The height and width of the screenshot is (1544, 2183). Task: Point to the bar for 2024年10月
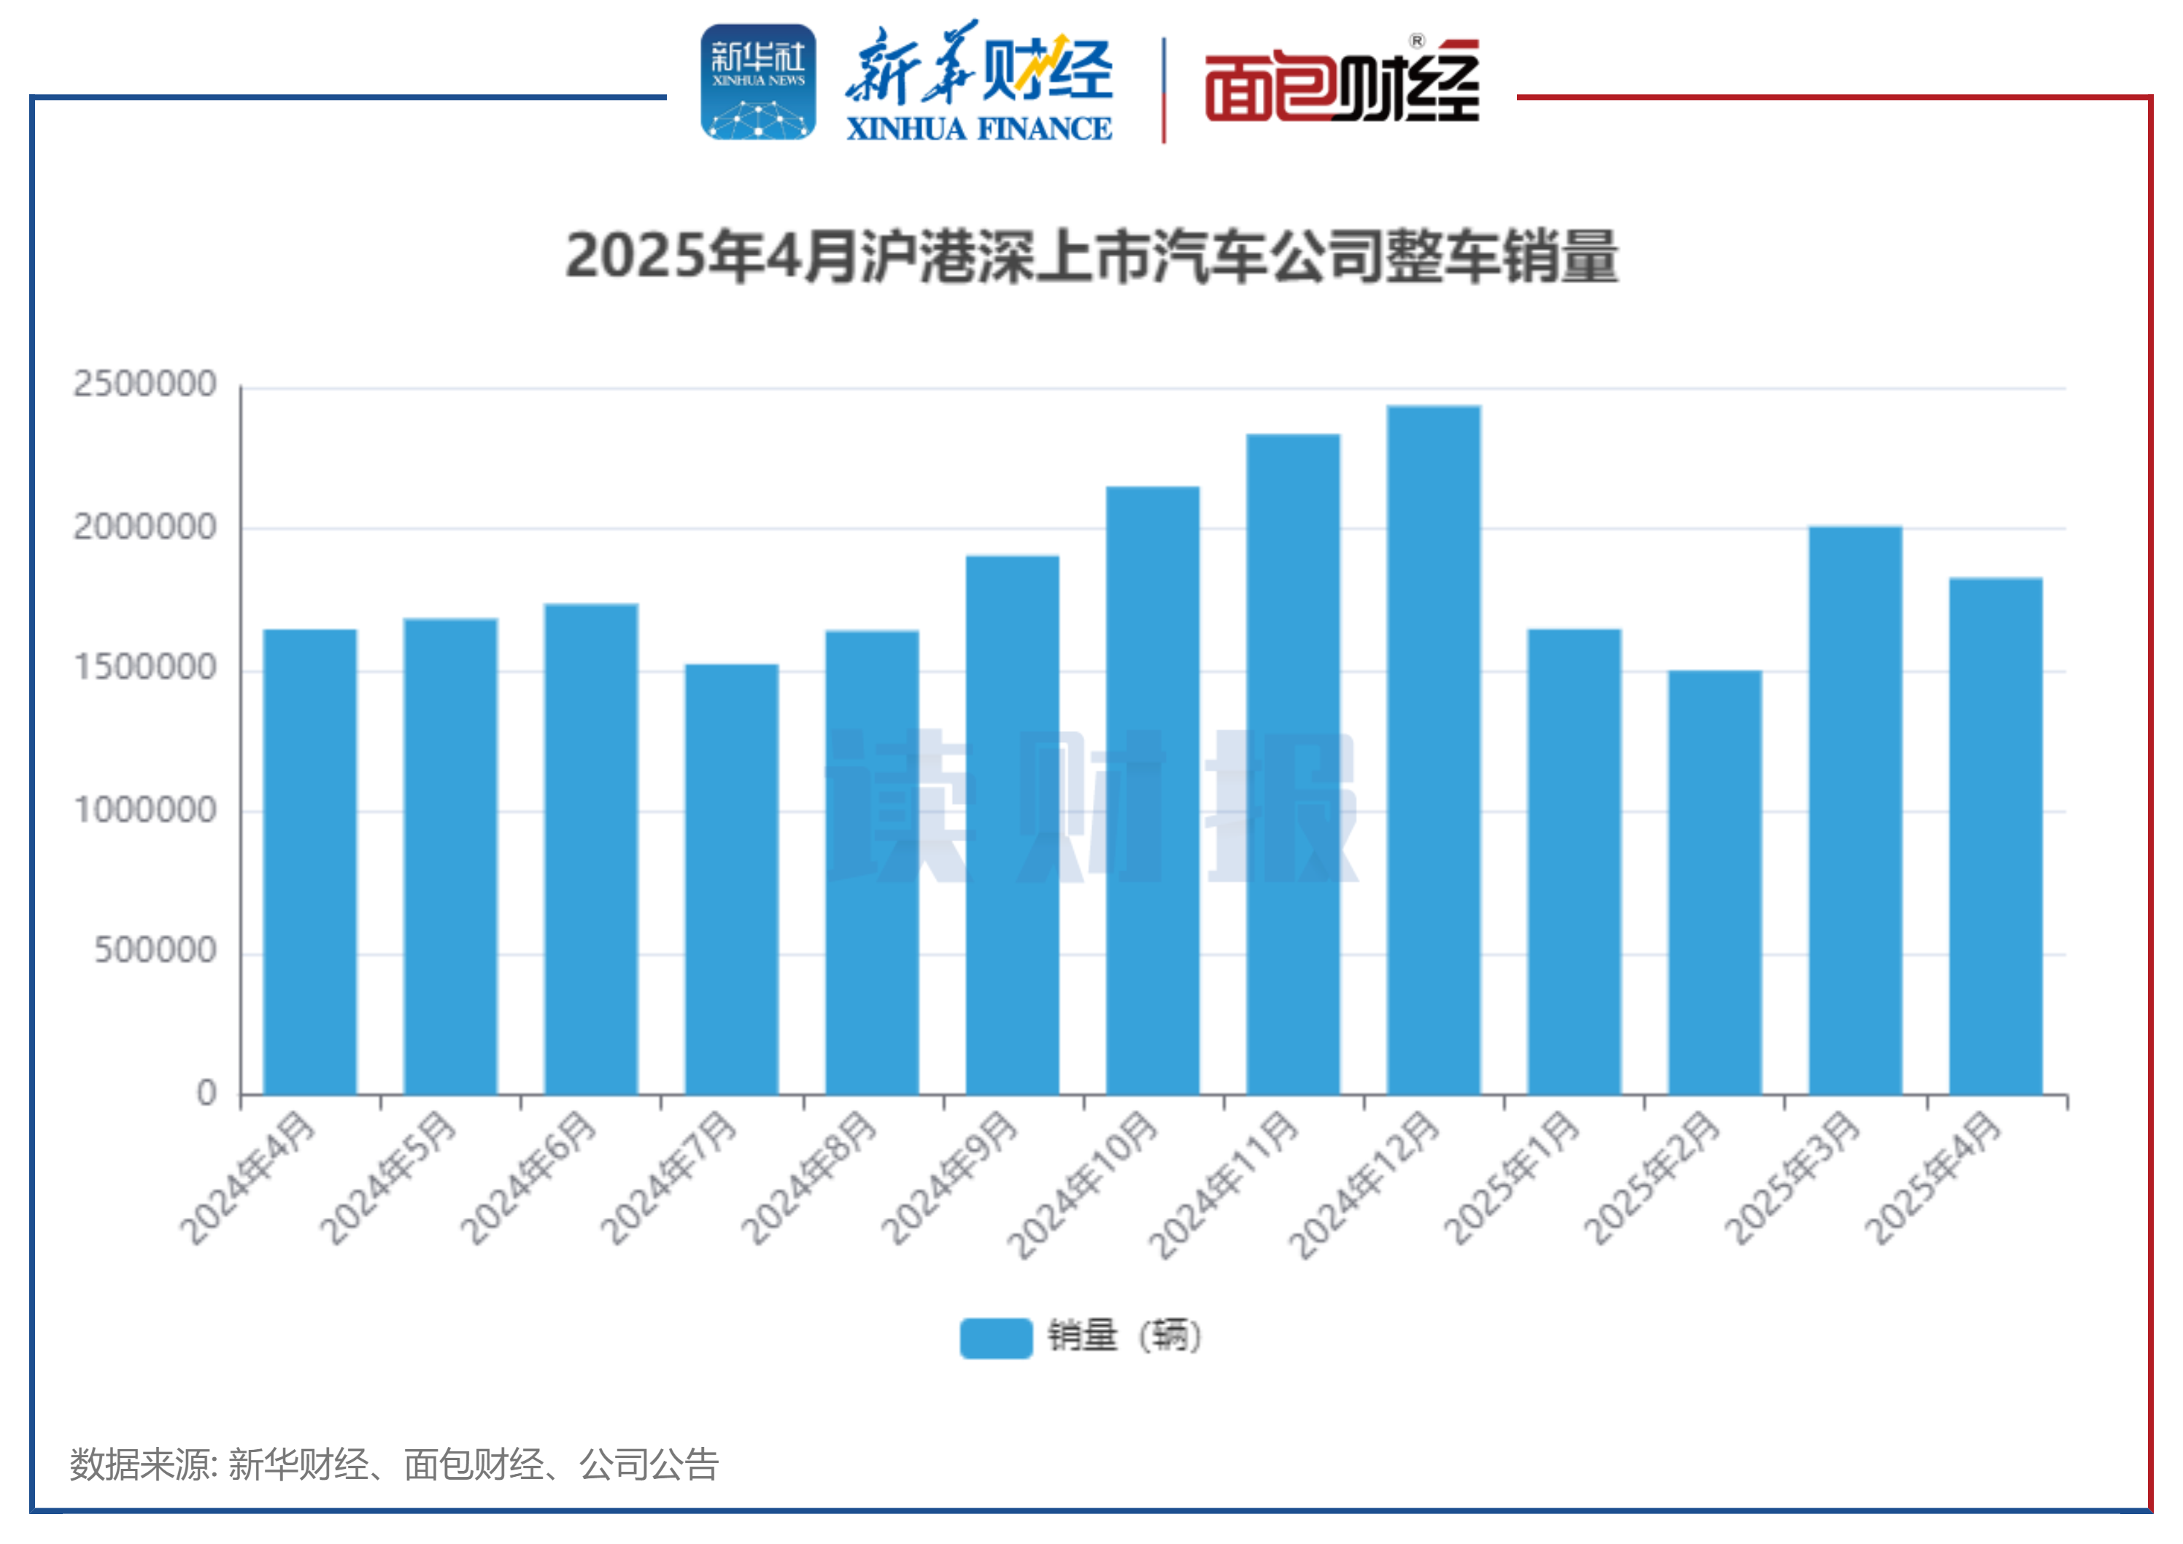1152,789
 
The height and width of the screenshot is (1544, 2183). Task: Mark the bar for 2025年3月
1854,809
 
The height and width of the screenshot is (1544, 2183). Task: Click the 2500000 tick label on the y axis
145,384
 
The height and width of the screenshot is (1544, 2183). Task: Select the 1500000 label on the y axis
145,668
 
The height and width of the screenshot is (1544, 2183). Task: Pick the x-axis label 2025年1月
1511,1179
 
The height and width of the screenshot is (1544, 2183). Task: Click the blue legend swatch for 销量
995,1337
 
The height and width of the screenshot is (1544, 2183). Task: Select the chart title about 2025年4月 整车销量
1091,257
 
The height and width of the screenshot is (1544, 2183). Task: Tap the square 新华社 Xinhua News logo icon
758,82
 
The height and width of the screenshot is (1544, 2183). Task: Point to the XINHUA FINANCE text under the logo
978,128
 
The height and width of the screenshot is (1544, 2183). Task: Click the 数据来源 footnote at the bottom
393,1464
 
